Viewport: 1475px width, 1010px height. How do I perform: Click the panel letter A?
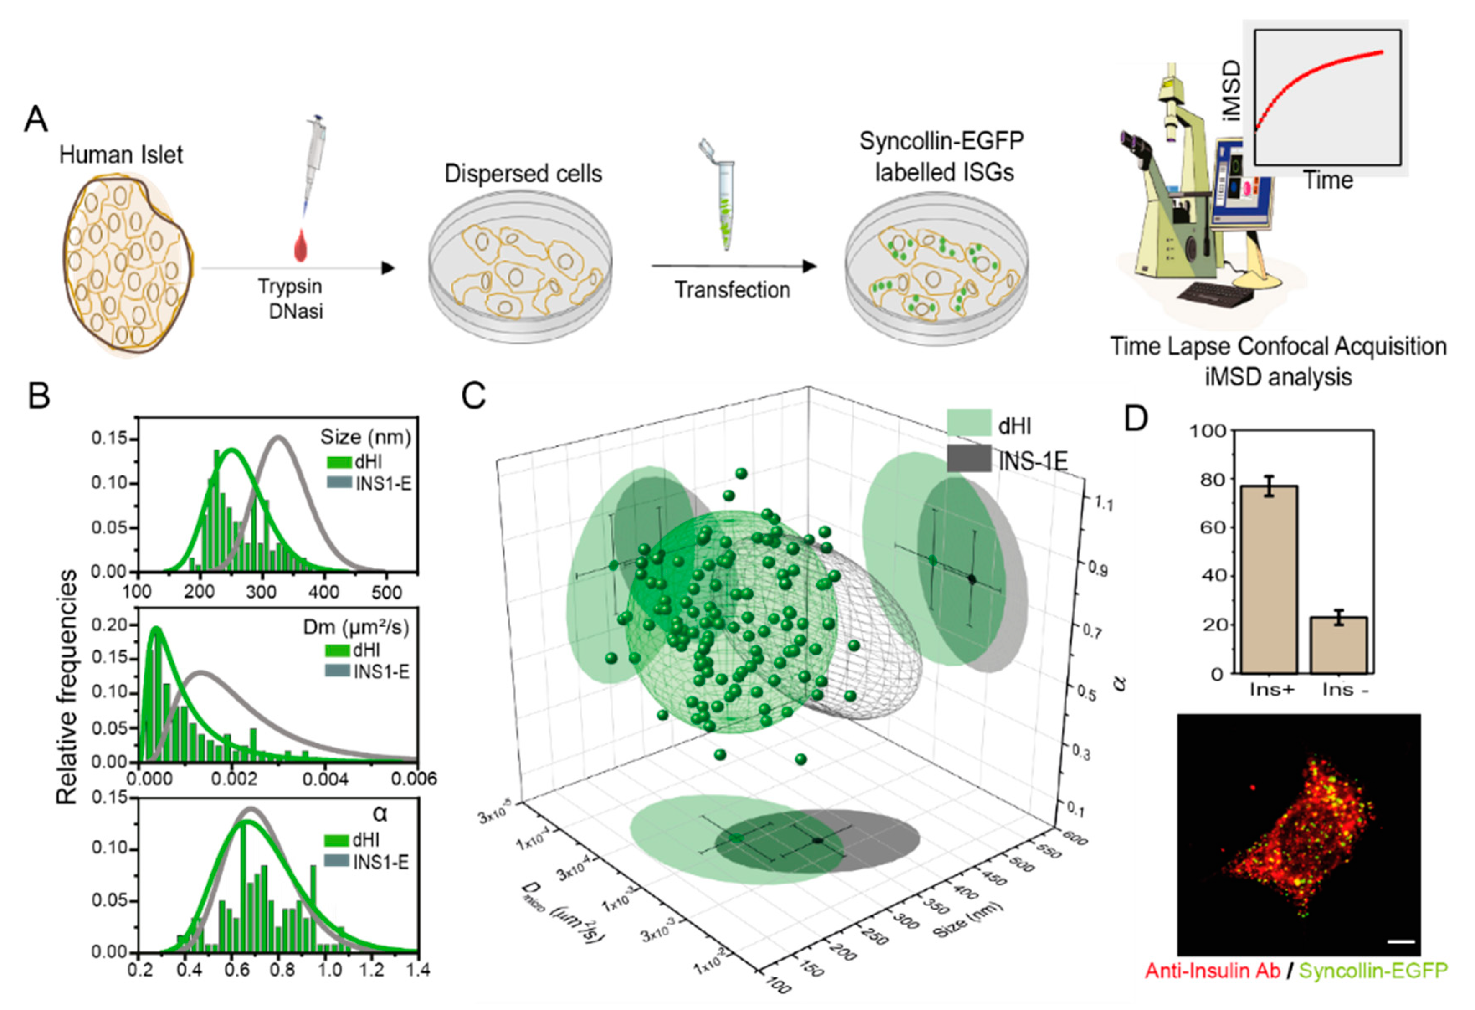tap(36, 119)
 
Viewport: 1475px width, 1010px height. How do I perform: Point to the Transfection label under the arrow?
tap(732, 290)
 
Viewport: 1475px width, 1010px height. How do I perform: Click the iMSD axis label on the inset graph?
tap(1231, 90)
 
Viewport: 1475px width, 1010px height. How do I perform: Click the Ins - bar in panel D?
tap(1339, 644)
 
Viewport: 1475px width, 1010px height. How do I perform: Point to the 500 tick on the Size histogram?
tap(386, 592)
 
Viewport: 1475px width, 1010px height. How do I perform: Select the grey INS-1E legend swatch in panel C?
tap(969, 458)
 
